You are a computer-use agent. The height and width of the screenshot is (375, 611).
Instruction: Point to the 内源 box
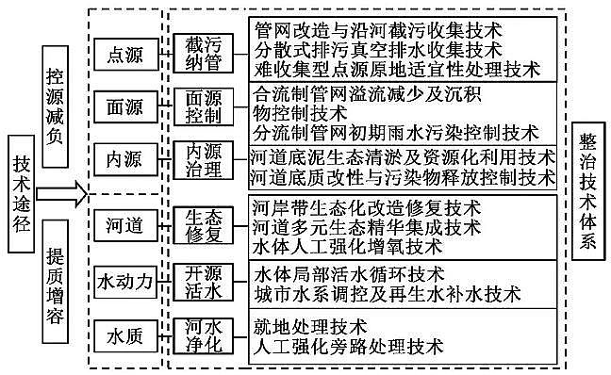click(x=123, y=157)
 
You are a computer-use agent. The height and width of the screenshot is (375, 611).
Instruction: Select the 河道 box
click(x=123, y=226)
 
